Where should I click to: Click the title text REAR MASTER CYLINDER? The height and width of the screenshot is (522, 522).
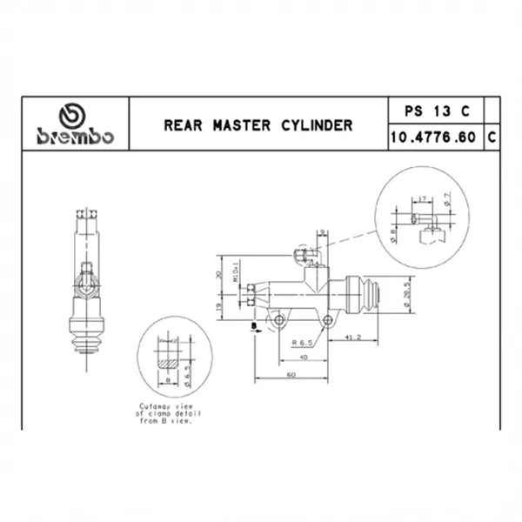coord(258,124)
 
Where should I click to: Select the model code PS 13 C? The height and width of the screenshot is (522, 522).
coord(437,110)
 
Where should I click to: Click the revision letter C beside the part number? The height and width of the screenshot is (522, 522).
coord(492,137)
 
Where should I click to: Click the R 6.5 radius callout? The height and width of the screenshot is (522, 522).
coord(303,343)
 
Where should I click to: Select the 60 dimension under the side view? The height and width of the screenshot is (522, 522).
coord(289,373)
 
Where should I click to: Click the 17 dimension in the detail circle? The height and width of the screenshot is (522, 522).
coord(421,199)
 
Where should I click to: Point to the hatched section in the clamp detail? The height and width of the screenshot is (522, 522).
coord(168,358)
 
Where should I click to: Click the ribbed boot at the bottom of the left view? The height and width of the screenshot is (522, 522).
coord(87,343)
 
